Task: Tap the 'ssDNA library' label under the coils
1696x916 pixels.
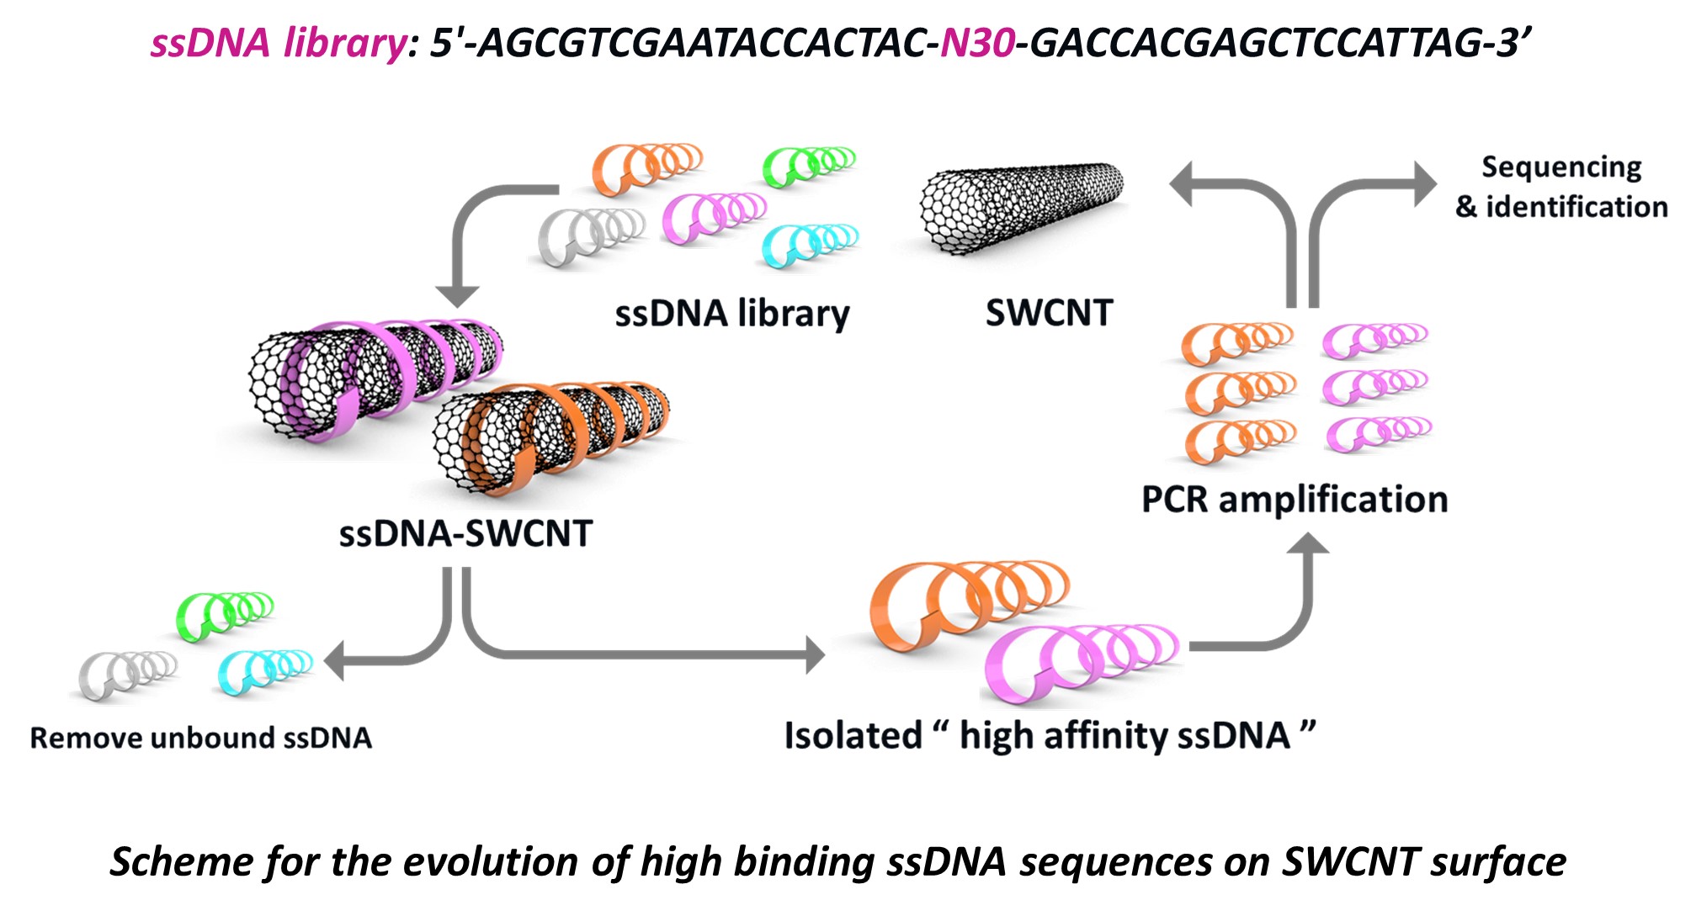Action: (732, 314)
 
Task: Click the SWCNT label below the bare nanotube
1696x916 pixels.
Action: (1049, 313)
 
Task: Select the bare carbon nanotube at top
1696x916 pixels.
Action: (1021, 206)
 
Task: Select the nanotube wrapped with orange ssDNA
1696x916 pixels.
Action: (551, 437)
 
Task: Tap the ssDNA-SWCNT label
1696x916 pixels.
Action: (465, 534)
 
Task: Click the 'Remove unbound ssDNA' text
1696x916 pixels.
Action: (200, 738)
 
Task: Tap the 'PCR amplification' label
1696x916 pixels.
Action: (1294, 500)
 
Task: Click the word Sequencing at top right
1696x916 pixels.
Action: (1561, 167)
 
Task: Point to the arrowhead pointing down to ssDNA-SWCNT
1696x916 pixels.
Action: (457, 295)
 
